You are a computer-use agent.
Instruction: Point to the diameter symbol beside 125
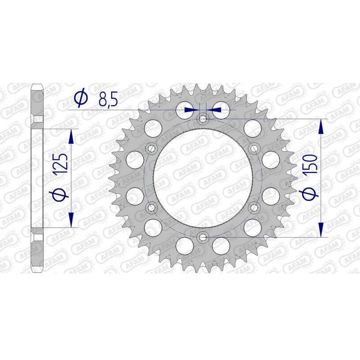coord(62,194)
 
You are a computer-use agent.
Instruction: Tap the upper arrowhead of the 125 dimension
coord(71,137)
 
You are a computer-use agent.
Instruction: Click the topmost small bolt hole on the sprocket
coord(202,119)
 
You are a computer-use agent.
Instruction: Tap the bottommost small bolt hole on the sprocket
coord(202,237)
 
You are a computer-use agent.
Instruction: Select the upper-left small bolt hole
coord(151,148)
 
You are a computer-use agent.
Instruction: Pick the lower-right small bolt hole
coord(254,207)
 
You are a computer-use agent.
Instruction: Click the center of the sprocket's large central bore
coord(202,178)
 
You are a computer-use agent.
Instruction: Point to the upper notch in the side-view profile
coord(40,119)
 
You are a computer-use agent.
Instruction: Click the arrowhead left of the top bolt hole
coord(193,109)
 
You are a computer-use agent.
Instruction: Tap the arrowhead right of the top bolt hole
coord(212,109)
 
